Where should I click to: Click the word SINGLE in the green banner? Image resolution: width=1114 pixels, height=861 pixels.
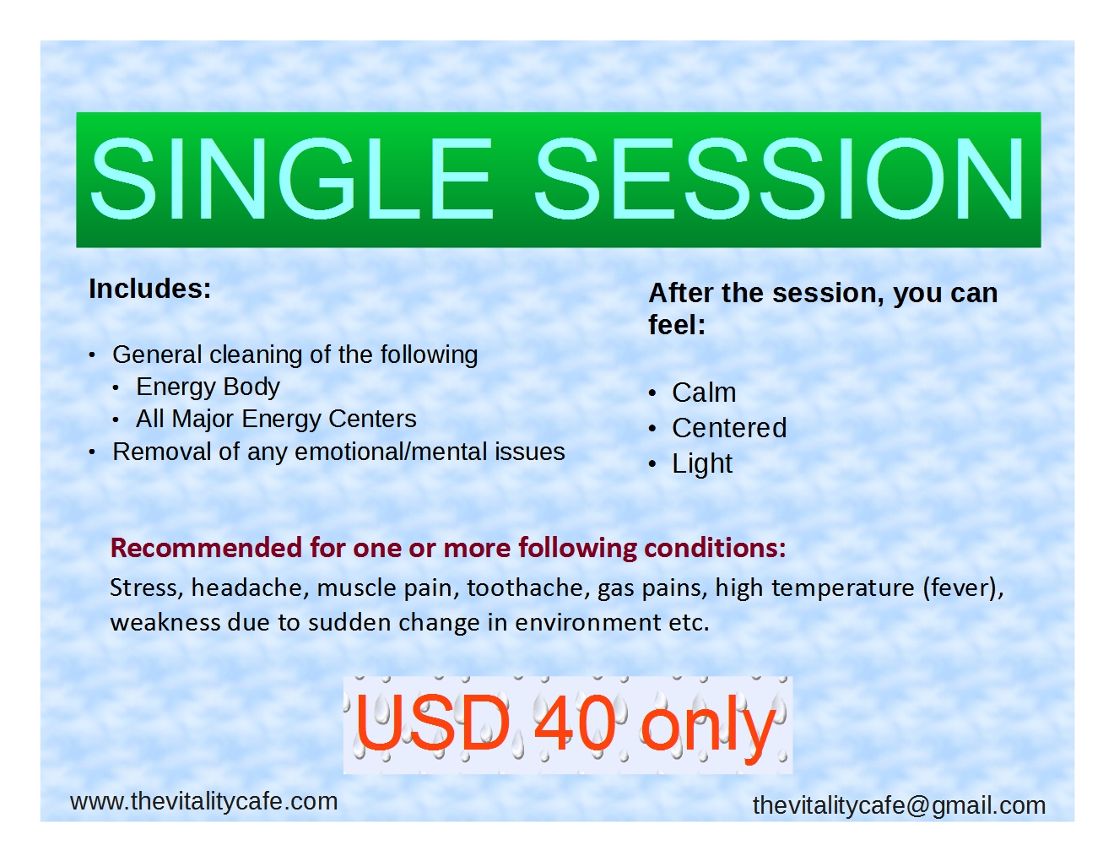click(x=291, y=178)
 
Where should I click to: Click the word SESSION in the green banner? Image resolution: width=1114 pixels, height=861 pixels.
click(x=780, y=178)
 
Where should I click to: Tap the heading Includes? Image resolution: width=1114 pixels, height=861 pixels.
click(x=150, y=289)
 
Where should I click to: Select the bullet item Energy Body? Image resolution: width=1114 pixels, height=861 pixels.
click(x=208, y=387)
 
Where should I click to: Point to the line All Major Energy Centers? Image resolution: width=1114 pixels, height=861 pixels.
click(x=276, y=419)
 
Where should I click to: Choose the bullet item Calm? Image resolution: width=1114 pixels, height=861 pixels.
click(x=704, y=393)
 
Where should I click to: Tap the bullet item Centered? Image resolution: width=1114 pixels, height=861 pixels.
click(x=729, y=428)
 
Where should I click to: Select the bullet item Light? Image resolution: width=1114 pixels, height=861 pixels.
click(x=702, y=463)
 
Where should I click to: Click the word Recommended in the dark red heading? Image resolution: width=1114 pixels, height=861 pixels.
click(x=207, y=548)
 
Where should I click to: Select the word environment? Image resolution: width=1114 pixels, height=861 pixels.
click(x=588, y=622)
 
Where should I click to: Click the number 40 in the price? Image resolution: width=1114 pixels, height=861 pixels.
click(x=575, y=723)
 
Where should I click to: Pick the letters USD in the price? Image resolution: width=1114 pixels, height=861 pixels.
click(x=433, y=723)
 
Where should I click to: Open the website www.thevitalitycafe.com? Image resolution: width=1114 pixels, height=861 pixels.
click(x=204, y=801)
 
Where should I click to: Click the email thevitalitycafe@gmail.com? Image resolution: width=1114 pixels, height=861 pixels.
click(x=899, y=805)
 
